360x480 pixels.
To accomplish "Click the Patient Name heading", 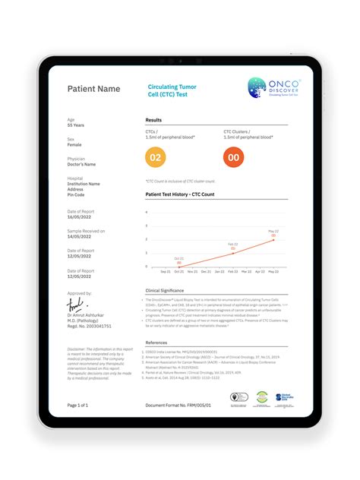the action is (93, 89).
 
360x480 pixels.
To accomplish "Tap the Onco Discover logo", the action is (274, 89).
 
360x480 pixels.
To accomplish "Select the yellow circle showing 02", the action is (155, 157).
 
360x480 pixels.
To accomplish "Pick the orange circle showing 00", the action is (233, 157).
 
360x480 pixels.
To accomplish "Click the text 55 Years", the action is (77, 125).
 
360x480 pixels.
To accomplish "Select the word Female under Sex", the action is (74, 145).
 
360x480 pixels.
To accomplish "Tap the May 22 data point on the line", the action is (273, 239).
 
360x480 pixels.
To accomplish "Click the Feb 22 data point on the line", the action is (233, 253).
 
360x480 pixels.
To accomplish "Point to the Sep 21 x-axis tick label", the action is (165, 271).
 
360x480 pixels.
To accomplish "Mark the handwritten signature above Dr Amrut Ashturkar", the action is (75, 305).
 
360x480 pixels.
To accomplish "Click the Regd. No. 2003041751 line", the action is (89, 326).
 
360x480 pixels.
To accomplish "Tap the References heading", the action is (156, 343).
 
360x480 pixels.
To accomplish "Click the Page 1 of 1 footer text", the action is (78, 406).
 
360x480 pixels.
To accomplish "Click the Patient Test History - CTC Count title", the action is (180, 194).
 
